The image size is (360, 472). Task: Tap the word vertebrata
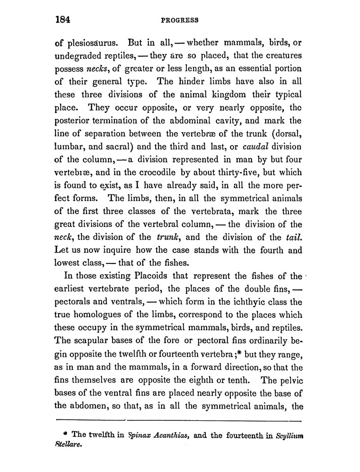(x=199, y=212)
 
